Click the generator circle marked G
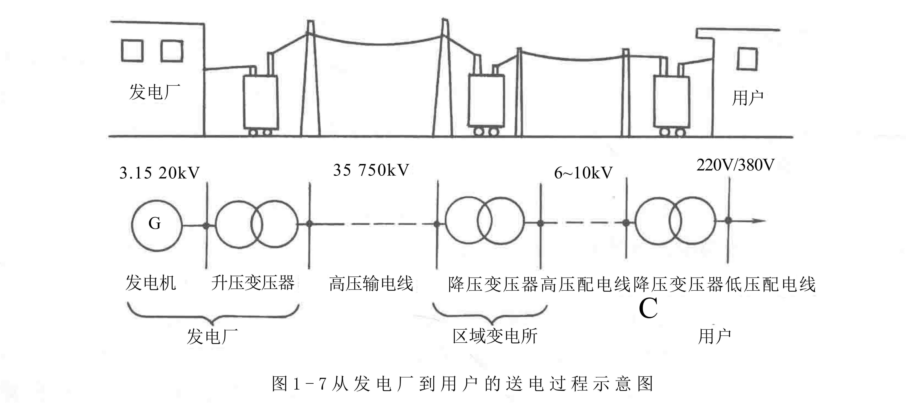[157, 225]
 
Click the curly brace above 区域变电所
[490, 314]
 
